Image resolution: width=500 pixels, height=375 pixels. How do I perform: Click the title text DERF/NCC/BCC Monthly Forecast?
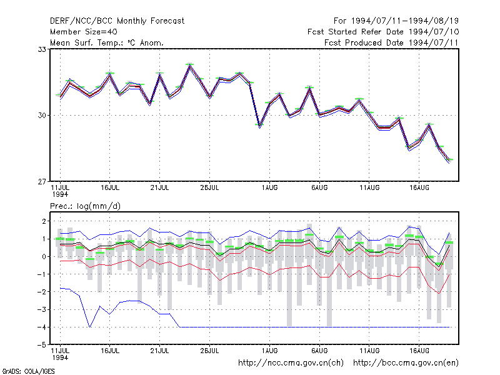pos(117,21)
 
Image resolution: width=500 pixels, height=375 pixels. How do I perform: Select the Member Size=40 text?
pos(84,32)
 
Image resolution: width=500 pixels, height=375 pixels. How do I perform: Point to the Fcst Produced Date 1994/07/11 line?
pos(391,42)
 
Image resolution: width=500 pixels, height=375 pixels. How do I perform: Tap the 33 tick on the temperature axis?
pos(42,49)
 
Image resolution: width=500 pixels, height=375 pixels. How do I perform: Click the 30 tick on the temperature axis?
pos(42,116)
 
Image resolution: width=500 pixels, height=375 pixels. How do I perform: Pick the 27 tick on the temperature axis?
pos(42,182)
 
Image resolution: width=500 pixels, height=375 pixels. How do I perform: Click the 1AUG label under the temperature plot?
pos(270,188)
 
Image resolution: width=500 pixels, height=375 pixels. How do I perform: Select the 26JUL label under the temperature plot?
pos(209,188)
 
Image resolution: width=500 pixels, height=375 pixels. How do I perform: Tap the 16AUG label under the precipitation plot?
pos(419,351)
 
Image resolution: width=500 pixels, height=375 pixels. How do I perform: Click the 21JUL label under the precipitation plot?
pos(159,351)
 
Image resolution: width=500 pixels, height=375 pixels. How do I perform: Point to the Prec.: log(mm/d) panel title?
pos(85,206)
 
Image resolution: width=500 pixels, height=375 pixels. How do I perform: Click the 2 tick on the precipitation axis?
pos(44,221)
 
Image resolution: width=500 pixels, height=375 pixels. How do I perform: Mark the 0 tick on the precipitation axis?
pos(44,257)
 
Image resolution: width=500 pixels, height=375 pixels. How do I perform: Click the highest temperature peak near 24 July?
pos(190,65)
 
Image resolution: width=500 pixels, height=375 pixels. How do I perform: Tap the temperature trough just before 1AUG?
pos(259,126)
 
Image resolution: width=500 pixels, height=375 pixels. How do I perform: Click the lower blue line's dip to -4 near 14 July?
pos(90,326)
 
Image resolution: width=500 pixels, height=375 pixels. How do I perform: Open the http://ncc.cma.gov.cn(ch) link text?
pos(291,363)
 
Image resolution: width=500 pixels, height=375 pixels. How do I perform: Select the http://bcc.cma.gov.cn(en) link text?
pos(406,363)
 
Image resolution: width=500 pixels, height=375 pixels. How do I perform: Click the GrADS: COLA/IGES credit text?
pos(28,371)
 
